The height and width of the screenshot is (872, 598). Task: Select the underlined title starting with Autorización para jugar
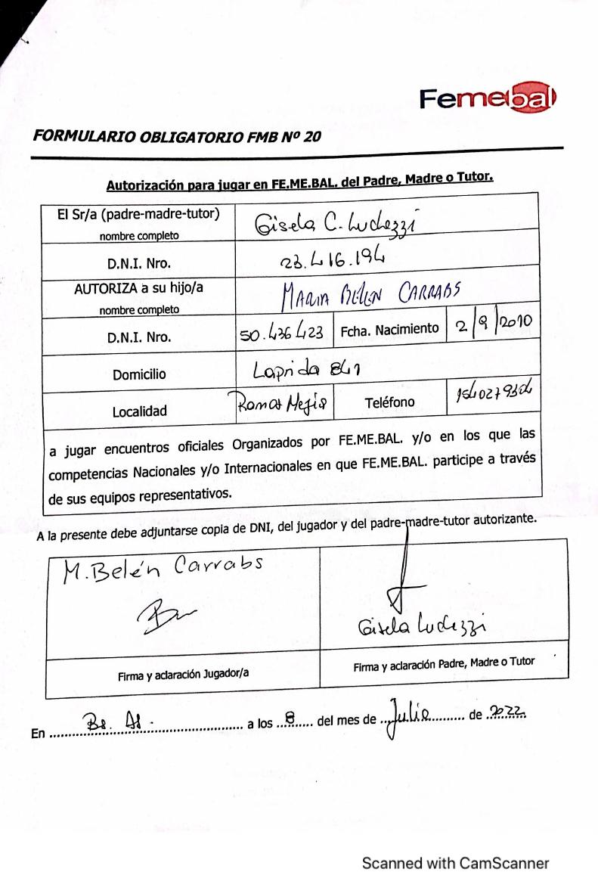click(x=299, y=182)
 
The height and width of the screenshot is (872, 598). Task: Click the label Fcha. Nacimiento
click(x=389, y=330)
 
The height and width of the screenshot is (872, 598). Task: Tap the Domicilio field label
click(x=139, y=374)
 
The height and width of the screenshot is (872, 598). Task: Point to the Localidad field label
click(x=140, y=411)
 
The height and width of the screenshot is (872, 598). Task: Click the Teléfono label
click(x=389, y=402)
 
